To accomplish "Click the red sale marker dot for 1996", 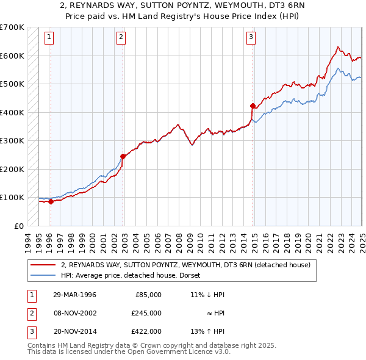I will [51, 201].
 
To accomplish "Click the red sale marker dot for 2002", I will [123, 156].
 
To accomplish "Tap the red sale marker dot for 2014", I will [253, 106].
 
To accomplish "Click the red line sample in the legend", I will [44, 265].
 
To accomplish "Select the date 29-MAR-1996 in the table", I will [74, 295].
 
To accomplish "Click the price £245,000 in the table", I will [146, 312].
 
